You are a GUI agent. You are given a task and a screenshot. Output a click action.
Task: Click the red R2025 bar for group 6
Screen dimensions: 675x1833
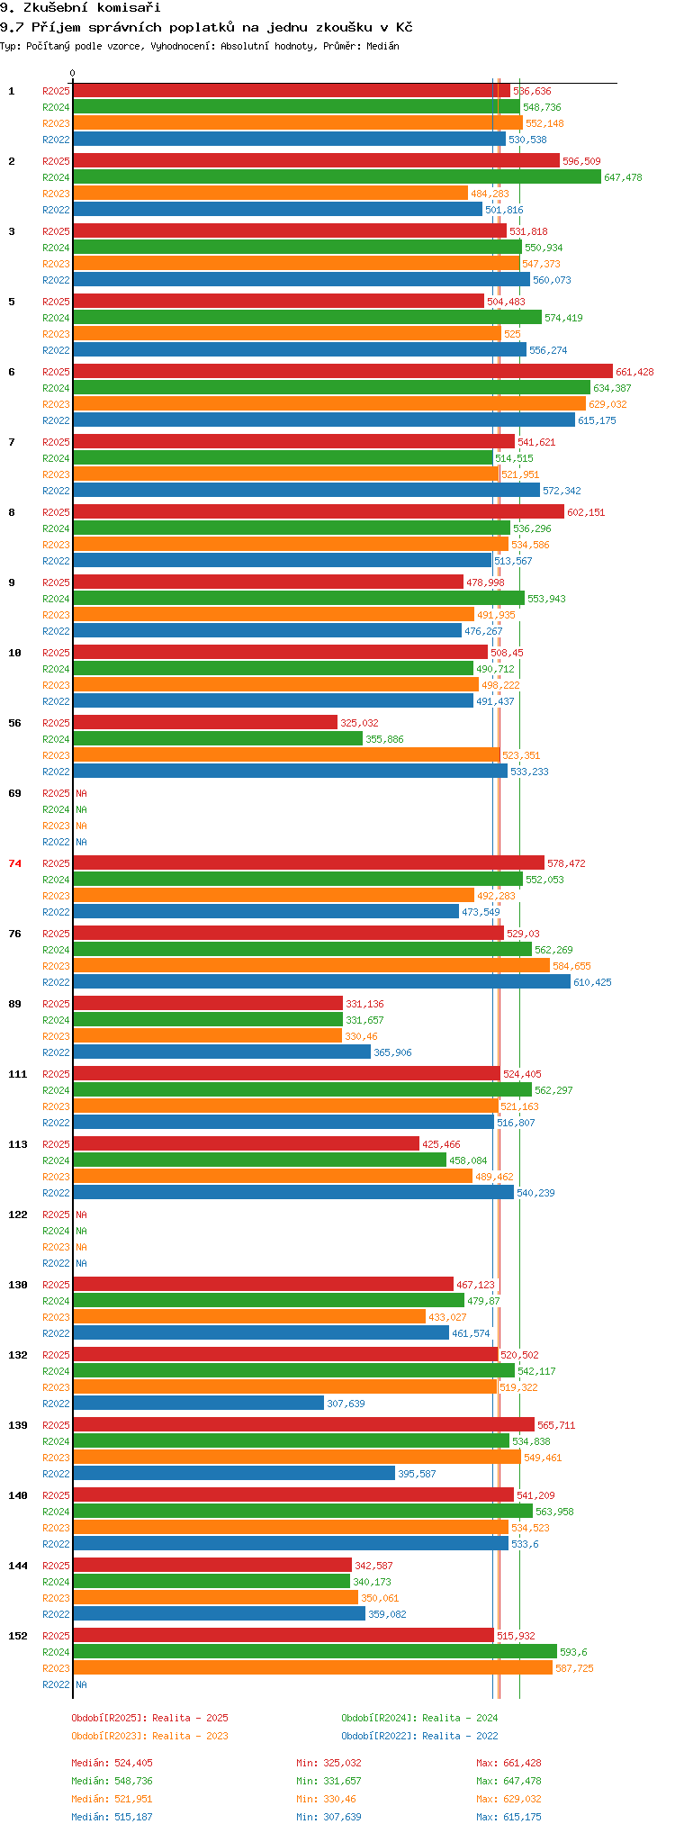[x=343, y=371]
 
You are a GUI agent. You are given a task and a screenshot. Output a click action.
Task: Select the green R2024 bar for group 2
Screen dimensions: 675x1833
[x=337, y=176]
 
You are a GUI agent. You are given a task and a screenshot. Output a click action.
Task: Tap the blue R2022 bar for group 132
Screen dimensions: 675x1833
[x=198, y=1403]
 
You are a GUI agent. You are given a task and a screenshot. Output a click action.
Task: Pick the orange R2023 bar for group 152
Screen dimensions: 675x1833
[x=312, y=1667]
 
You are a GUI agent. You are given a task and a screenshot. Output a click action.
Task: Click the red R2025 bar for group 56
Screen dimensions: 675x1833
[x=205, y=722]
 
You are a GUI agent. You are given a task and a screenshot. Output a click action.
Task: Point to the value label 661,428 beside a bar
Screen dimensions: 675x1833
[x=634, y=372]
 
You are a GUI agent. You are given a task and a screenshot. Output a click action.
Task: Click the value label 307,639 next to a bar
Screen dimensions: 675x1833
[x=346, y=1404]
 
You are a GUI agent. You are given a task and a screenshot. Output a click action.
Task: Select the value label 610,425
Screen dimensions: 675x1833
[x=592, y=982]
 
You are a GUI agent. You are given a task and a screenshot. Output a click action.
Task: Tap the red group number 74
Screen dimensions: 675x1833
[x=15, y=863]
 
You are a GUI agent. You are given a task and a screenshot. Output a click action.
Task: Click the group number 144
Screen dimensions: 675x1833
[x=18, y=1566]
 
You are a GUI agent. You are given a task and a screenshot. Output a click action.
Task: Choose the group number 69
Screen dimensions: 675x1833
[x=15, y=793]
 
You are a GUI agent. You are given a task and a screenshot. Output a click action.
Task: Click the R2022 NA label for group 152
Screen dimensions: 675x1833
[x=81, y=1684]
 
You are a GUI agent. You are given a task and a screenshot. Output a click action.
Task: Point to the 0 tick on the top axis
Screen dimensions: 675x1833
[x=73, y=74]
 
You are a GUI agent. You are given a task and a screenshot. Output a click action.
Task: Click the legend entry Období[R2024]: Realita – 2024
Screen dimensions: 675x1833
[x=419, y=1718]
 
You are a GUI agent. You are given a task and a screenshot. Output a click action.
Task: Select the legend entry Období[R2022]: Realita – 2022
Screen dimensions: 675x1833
[x=419, y=1736]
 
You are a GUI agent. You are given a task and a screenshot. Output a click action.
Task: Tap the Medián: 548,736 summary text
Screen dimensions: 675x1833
[x=112, y=1781]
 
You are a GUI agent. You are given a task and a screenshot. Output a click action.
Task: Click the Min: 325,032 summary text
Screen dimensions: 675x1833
[x=328, y=1763]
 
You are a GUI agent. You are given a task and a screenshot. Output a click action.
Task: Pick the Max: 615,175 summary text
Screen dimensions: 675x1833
[x=508, y=1817]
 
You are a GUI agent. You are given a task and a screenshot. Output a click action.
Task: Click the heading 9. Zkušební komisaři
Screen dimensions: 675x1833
[x=80, y=8]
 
